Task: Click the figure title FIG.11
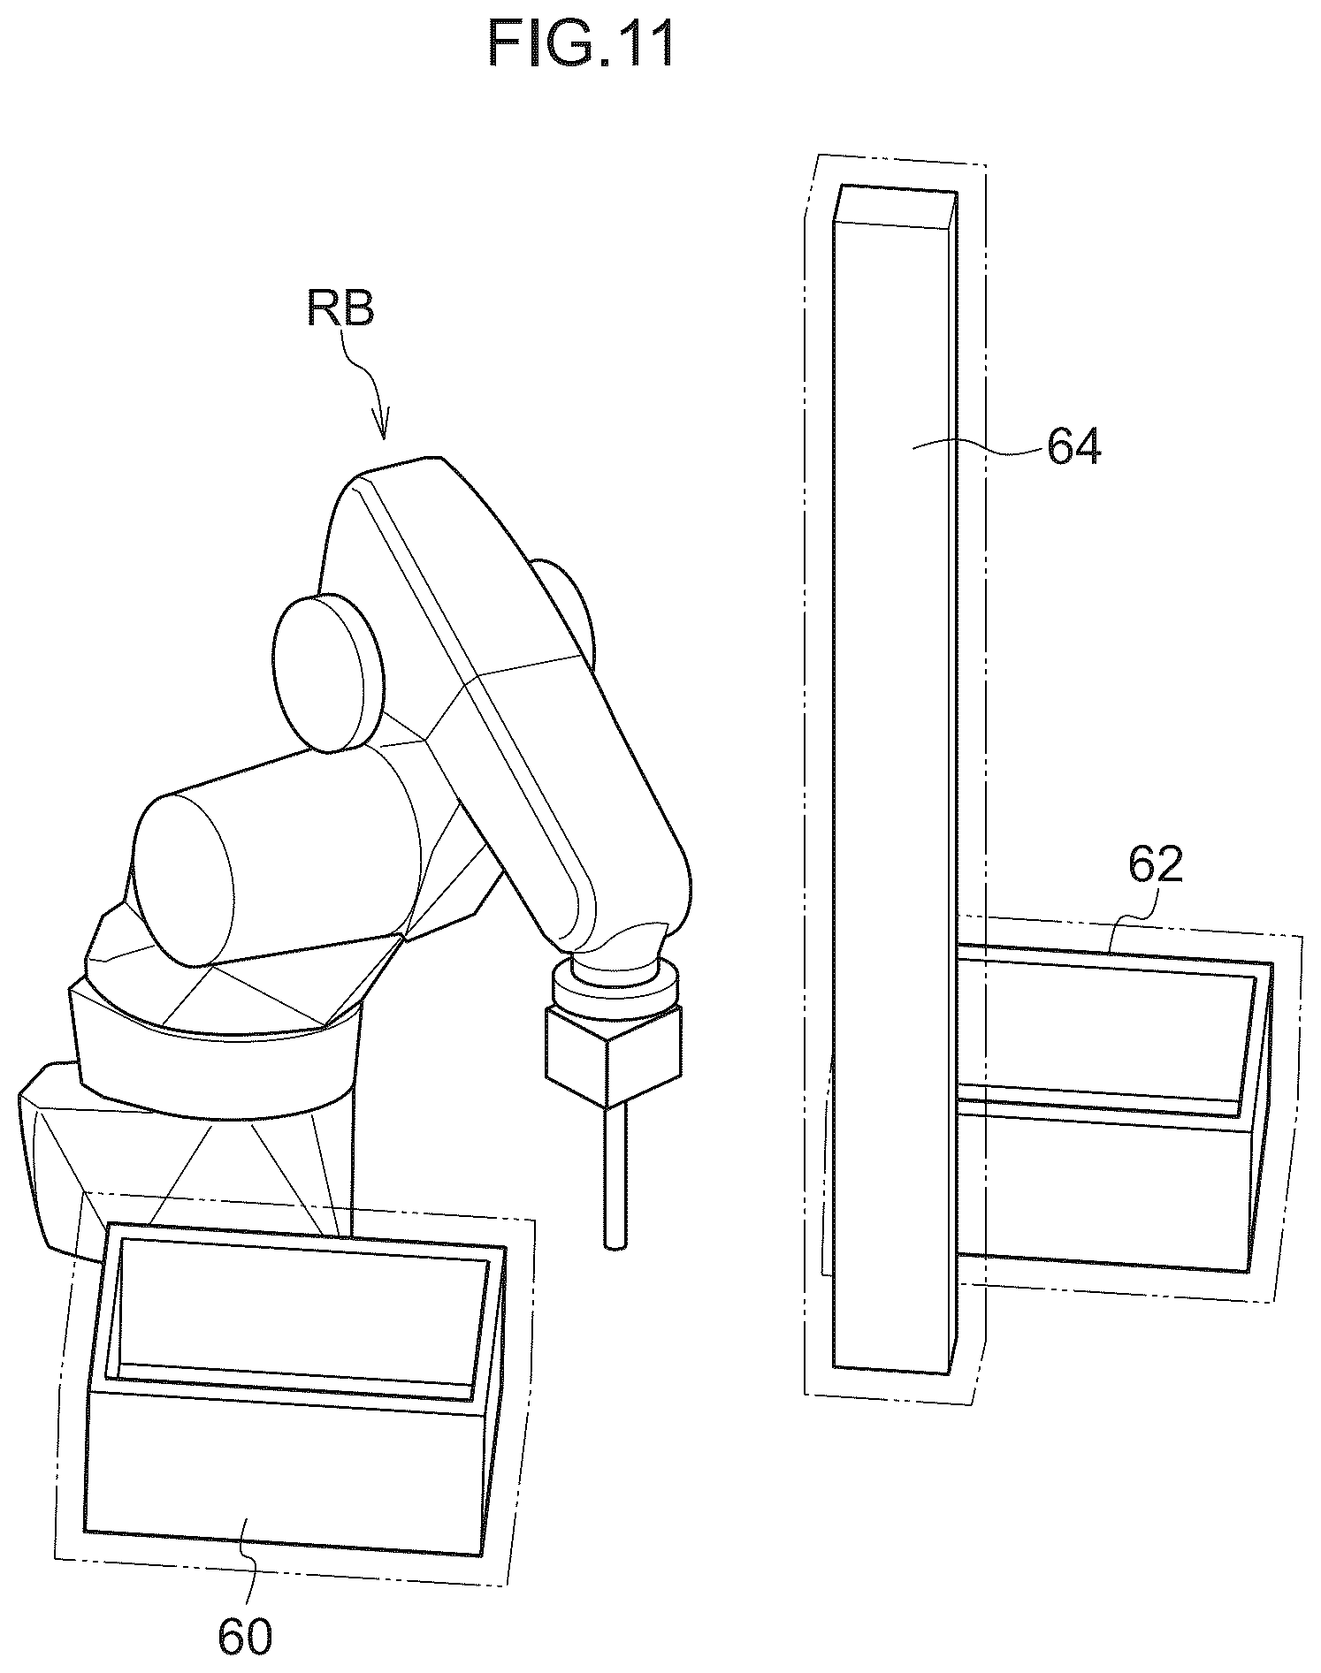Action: click(582, 45)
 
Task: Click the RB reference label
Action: click(340, 310)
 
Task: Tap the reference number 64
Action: click(1074, 447)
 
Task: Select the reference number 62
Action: click(1156, 865)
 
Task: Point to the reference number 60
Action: click(245, 1638)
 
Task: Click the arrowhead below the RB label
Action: click(383, 427)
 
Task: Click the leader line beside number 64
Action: click(976, 451)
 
